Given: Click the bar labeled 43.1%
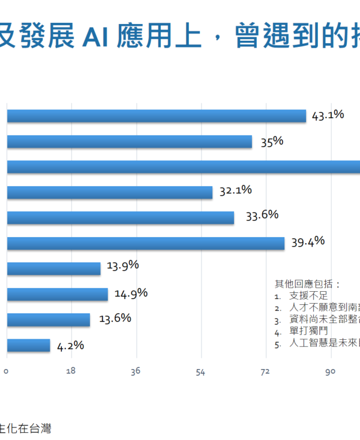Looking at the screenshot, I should pos(156,116).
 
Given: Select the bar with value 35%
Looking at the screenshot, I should pos(129,142).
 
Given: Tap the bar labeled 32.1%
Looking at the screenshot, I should pos(109,192).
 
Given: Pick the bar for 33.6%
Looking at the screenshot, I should pos(120,218).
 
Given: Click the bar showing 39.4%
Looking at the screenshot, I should pos(145,243).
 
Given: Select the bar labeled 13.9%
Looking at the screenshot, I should pos(53,268).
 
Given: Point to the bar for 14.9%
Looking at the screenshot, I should pos(57,294).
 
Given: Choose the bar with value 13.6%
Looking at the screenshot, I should pos(48,319).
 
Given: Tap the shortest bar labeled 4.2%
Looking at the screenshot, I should pos(28,345).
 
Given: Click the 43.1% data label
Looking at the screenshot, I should pos(328,114).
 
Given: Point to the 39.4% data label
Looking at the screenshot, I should pos(308,241).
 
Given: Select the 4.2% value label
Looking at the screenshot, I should pos(70,345).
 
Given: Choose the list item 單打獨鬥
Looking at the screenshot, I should pos(308,331).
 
